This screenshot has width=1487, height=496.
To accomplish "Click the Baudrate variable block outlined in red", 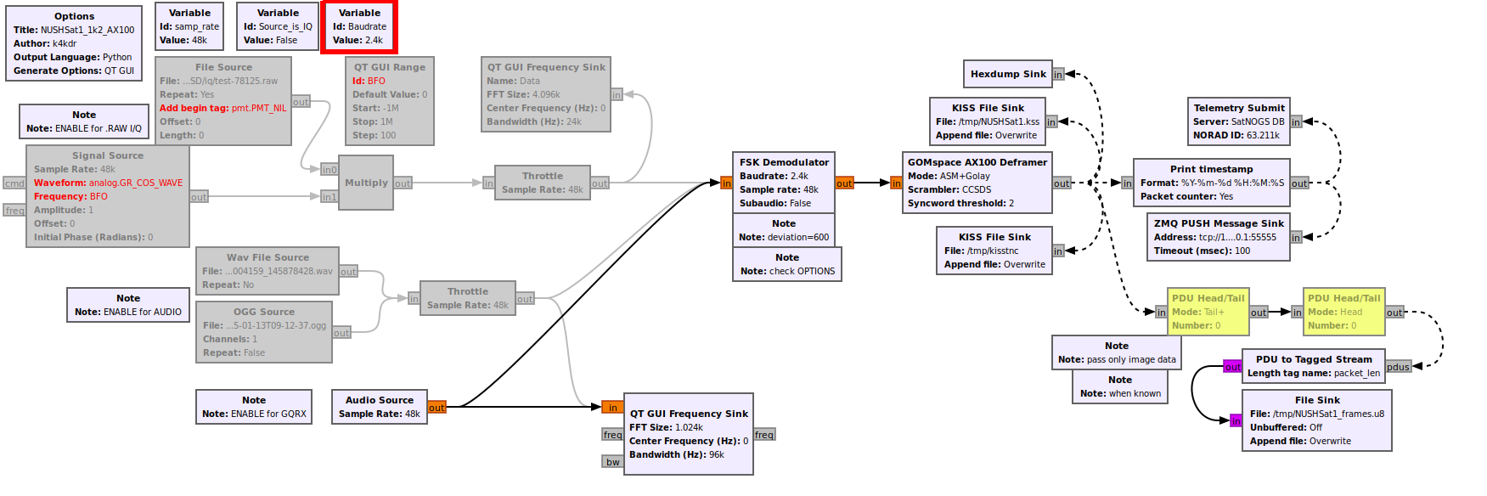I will pyautogui.click(x=359, y=26).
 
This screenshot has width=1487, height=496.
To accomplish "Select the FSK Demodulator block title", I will pyautogui.click(x=784, y=162).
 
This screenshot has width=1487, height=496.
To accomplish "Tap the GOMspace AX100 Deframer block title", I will pyautogui.click(x=977, y=162).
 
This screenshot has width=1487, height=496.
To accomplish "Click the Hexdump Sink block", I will pyautogui.click(x=1008, y=74).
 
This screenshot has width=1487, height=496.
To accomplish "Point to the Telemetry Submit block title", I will pyautogui.click(x=1238, y=108).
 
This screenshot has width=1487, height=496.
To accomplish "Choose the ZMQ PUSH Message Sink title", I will pyautogui.click(x=1218, y=223).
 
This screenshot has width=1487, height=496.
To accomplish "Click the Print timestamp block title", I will pyautogui.click(x=1211, y=169).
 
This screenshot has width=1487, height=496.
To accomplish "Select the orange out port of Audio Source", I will pyautogui.click(x=437, y=408).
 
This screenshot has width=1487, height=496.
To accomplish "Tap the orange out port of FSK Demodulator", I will pyautogui.click(x=844, y=183).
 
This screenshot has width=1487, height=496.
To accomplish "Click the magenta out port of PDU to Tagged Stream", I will pyautogui.click(x=1232, y=367).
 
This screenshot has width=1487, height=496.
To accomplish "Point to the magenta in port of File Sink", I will pyautogui.click(x=1236, y=421).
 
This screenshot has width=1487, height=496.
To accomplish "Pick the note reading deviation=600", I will pyautogui.click(x=784, y=230).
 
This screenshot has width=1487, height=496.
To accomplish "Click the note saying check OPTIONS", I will pyautogui.click(x=787, y=264).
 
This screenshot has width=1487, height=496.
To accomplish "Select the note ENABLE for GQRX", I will pyautogui.click(x=254, y=407).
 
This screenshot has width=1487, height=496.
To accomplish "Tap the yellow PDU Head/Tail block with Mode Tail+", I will pyautogui.click(x=1208, y=312).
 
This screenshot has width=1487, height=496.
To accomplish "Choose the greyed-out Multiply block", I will pyautogui.click(x=366, y=183).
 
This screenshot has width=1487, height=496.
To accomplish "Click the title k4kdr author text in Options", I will pyautogui.click(x=65, y=43).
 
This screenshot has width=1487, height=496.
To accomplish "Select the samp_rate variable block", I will pyautogui.click(x=189, y=26).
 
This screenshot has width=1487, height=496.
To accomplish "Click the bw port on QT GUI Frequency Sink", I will pyautogui.click(x=612, y=462).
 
